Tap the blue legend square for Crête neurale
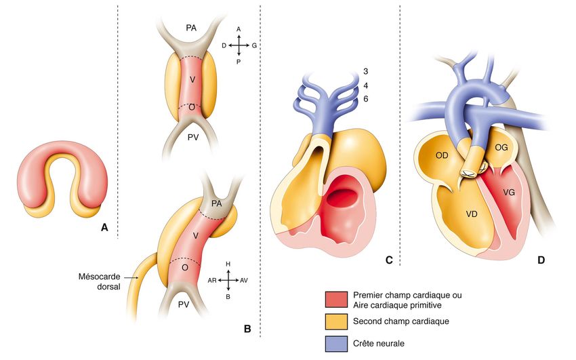pyautogui.click(x=337, y=344)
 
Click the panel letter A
pyautogui.click(x=104, y=228)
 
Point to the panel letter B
pyautogui.click(x=247, y=329)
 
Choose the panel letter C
pyautogui.click(x=389, y=260)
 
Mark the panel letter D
pyautogui.click(x=541, y=260)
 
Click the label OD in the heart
pyautogui.click(x=443, y=155)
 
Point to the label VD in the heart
pyautogui.click(x=474, y=214)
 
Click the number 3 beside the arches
pyautogui.click(x=364, y=73)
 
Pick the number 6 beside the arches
pyautogui.click(x=364, y=99)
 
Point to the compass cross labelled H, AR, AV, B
pyautogui.click(x=228, y=279)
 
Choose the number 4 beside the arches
pyautogui.click(x=364, y=86)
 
